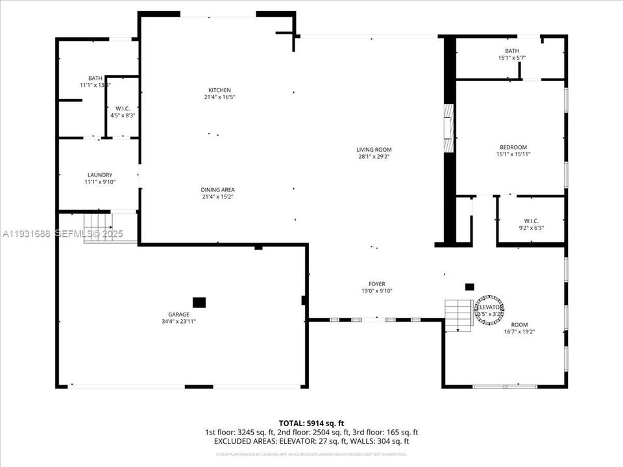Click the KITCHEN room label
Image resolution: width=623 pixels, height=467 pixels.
[x=219, y=90]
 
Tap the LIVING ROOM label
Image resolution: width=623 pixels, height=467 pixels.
[x=374, y=149]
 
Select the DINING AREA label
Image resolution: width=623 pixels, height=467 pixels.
[x=217, y=189]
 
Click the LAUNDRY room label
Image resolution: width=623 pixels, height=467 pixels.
[x=100, y=175]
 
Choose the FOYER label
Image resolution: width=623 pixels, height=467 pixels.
[x=376, y=284]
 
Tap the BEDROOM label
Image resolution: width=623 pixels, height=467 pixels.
[x=513, y=147]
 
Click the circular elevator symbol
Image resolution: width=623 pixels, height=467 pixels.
[x=489, y=310]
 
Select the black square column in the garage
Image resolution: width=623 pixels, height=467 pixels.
[x=199, y=302]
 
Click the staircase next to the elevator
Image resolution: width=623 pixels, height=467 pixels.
[x=458, y=315]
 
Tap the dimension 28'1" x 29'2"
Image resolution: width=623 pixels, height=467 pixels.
[x=374, y=156]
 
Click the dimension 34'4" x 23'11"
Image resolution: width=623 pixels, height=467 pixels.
[x=178, y=321]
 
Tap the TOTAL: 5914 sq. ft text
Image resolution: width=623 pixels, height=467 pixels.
[x=311, y=422]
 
